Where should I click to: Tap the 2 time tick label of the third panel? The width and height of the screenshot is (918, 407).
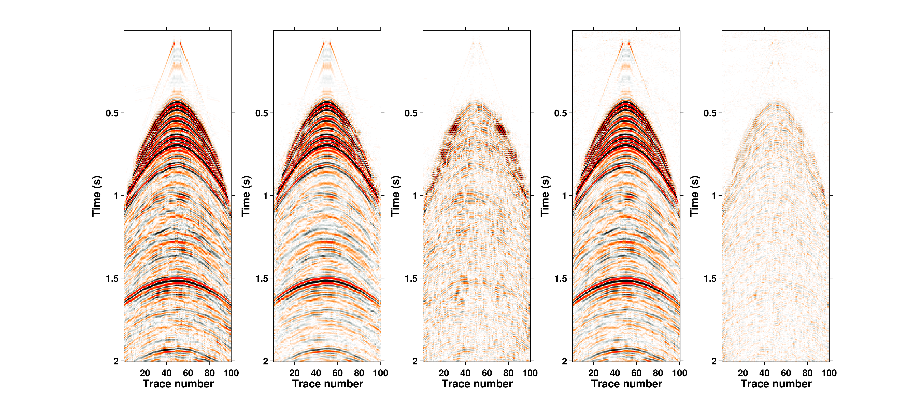(x=415, y=361)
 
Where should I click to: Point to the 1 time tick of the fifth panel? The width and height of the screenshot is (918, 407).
(x=714, y=196)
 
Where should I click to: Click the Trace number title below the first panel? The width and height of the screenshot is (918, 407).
(x=178, y=384)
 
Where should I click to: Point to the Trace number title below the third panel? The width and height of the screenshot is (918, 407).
(x=477, y=384)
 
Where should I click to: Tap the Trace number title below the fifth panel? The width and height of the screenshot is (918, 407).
(x=776, y=384)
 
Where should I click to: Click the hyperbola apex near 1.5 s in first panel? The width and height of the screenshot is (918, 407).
(x=178, y=280)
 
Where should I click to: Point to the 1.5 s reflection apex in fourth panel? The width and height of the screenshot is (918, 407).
(x=626, y=280)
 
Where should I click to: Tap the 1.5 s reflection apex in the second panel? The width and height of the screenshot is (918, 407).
(x=327, y=280)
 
